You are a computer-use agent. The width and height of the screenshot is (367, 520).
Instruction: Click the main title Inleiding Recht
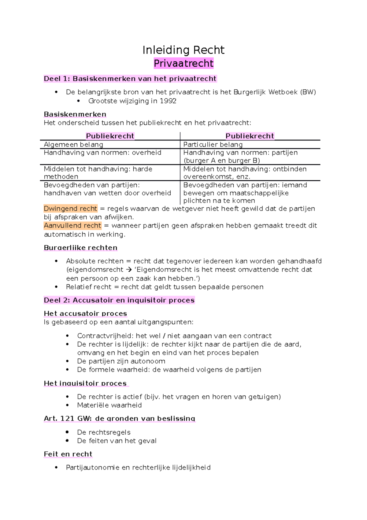point(183,50)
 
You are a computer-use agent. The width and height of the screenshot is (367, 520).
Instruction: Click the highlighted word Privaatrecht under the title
point(183,63)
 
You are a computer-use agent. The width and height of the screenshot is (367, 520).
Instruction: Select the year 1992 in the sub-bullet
point(168,101)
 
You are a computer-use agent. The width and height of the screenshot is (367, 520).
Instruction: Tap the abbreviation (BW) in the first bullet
point(308,92)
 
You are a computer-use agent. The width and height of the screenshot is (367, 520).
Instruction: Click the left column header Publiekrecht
point(110,136)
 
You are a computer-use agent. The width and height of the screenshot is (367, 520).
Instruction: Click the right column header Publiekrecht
point(250,136)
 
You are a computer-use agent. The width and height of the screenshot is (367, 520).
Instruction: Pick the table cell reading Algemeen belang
point(73,145)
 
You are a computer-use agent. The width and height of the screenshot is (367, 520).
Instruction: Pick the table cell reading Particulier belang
point(213,145)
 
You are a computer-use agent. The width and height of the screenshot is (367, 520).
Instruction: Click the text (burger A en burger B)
point(221,160)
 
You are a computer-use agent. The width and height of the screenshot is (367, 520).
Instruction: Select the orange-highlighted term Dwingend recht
point(70,209)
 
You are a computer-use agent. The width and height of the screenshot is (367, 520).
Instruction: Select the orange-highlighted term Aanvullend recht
point(72,226)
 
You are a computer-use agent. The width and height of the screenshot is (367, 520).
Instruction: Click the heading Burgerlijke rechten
point(80,247)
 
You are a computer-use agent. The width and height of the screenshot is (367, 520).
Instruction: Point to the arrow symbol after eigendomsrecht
point(129,270)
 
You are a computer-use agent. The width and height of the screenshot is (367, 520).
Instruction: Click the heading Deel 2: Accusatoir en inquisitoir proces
point(119,300)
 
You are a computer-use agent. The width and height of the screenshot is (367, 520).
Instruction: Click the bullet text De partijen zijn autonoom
point(121,361)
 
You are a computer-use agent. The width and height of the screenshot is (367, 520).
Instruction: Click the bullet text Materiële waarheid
point(109,405)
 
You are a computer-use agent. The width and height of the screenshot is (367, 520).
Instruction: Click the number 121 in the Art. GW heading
point(67,418)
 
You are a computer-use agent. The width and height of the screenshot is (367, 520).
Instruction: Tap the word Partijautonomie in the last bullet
point(92,467)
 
